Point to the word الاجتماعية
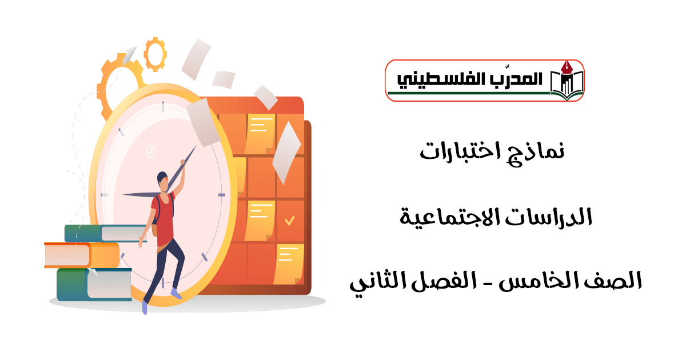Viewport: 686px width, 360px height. coord(449,217)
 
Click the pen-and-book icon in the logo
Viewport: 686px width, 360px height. coord(567,81)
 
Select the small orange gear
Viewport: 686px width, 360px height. coord(155,54)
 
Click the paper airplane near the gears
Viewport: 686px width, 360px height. coord(129,55)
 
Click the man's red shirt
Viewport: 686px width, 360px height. coord(165,218)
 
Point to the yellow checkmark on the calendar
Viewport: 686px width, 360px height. coord(289,221)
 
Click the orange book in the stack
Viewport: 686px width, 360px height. coord(82,255)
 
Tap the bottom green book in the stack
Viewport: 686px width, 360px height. coord(94,284)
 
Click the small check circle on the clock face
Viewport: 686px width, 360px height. coord(150,151)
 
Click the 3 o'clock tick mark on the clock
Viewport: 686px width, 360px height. coord(222,195)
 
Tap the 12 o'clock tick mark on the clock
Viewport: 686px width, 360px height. coord(163,106)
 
